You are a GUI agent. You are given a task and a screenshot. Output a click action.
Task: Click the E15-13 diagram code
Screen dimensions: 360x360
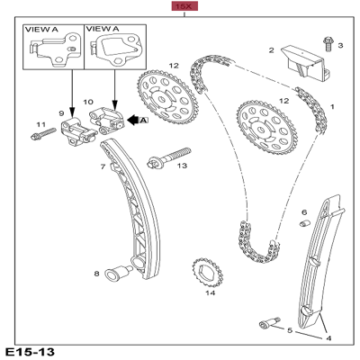point(29,351)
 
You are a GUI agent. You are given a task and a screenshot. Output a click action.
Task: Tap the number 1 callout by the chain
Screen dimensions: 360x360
point(331,107)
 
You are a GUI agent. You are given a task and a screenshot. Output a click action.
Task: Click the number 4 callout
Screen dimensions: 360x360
point(328,337)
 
